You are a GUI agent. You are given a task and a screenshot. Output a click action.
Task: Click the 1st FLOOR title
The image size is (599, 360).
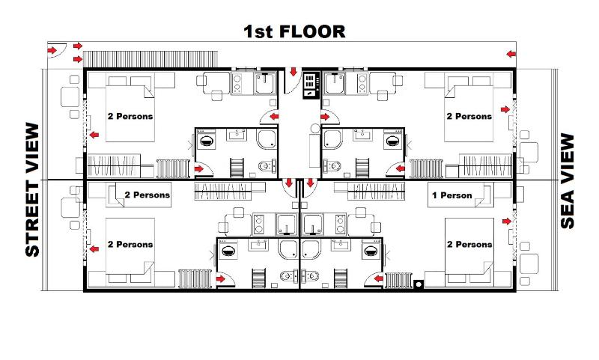[294, 31]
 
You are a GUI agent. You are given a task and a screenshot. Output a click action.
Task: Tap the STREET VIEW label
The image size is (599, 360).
[31, 189]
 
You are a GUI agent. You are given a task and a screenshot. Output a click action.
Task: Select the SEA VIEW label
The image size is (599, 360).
[568, 181]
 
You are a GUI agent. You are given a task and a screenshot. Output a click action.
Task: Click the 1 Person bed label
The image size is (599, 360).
[453, 196]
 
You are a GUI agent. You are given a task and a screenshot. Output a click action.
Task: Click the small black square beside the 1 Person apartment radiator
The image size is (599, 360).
[418, 284]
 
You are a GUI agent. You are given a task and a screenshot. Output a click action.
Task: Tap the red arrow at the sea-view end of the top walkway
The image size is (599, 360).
[511, 53]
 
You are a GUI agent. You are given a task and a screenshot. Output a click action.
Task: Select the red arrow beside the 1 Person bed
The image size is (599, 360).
[507, 222]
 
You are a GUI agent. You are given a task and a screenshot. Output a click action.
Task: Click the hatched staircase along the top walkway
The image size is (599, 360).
[150, 58]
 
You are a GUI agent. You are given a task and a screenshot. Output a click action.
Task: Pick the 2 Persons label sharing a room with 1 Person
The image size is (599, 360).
[469, 244]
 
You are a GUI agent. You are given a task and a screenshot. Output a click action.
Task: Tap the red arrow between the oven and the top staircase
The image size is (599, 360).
[293, 73]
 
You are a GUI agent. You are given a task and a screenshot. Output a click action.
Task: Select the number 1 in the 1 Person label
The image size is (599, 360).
[437, 196]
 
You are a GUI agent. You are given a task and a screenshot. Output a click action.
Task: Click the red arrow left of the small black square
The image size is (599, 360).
[371, 279]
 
